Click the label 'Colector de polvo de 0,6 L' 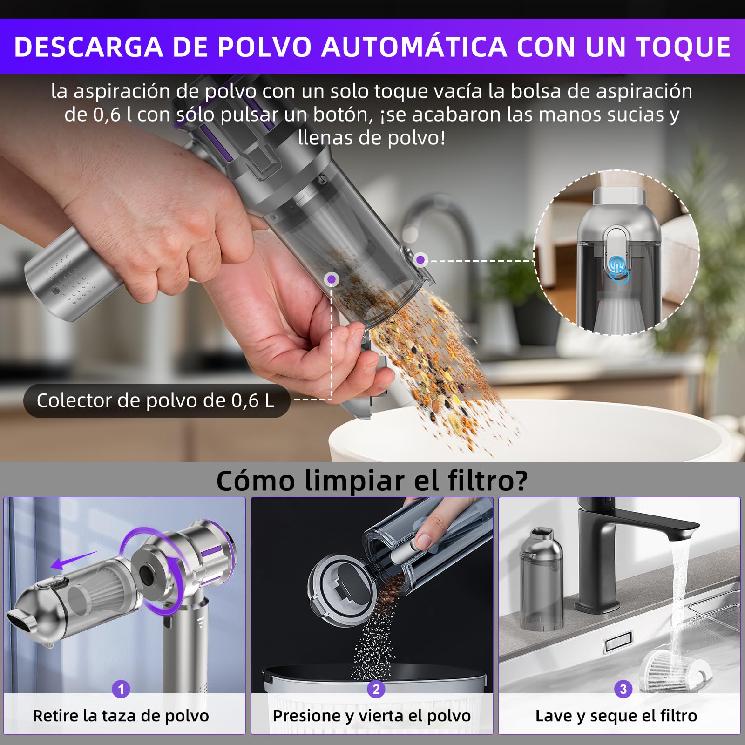156,401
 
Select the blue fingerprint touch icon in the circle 617,269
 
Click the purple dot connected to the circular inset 421,260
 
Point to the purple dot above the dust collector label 332,279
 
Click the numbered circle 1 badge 121,689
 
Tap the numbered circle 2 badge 376,689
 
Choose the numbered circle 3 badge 623,689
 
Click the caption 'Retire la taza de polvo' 121,716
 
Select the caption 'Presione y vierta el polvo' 372,716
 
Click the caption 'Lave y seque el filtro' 616,716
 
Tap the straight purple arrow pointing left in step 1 72,561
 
